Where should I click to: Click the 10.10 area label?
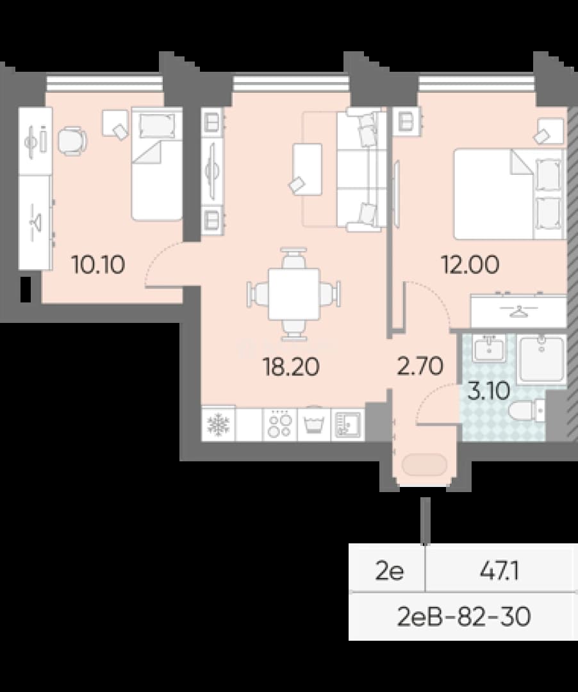pos(99,265)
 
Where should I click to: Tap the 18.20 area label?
pos(291,367)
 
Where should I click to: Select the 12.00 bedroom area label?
pos(470,265)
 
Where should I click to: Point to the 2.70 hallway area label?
pos(420,366)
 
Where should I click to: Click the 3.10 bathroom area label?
pos(489,391)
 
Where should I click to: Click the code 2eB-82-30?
pos(463,616)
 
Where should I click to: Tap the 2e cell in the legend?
pos(390,572)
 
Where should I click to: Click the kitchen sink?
pos(348,425)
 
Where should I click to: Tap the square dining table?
pos(294,294)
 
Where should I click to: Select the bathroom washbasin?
pos(489,349)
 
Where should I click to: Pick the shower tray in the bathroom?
pos(540,359)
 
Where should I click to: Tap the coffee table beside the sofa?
pos(307,169)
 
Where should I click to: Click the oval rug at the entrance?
pos(424,465)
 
